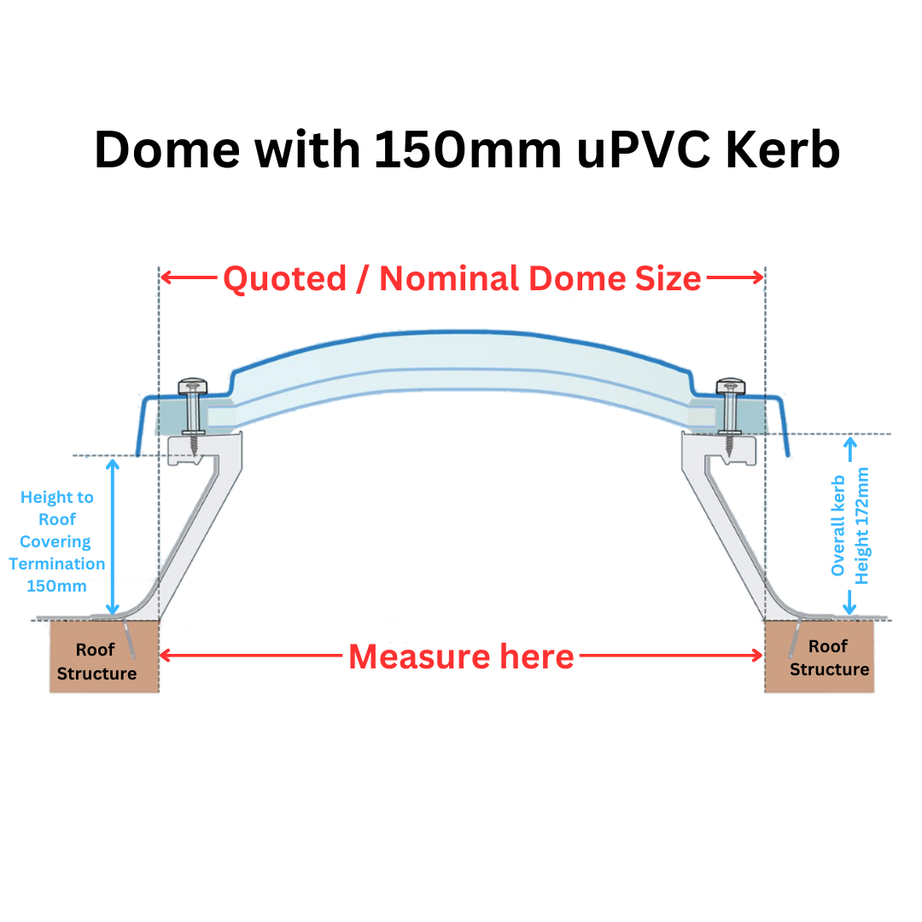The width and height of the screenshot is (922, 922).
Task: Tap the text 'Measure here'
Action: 461,656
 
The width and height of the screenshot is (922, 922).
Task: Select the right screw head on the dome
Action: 730,387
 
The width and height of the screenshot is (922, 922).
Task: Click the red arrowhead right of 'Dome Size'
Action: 757,277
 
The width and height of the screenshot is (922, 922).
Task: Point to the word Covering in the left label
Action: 55,541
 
